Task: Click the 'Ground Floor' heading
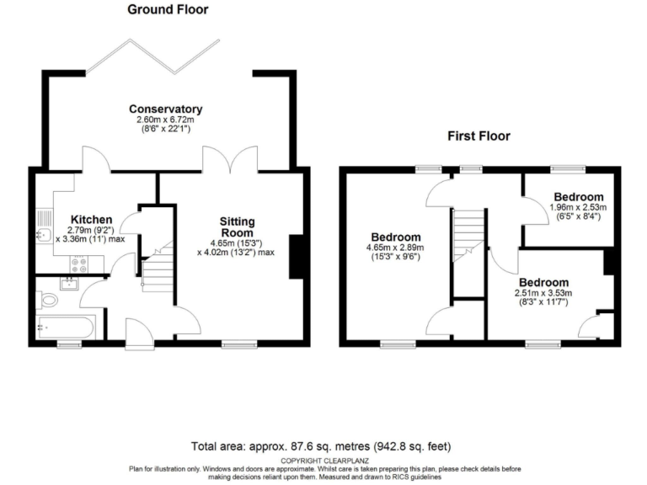[x=168, y=10]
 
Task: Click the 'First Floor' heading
[x=478, y=136]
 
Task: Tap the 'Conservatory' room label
[x=165, y=109]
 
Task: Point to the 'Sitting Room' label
[x=238, y=227]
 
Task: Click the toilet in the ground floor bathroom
[x=49, y=300]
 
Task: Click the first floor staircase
[x=469, y=236]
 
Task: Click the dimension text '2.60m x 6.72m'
[x=165, y=120]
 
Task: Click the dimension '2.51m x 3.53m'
[x=543, y=292]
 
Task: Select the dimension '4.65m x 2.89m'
[x=395, y=248]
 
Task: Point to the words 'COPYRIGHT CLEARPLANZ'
[x=323, y=460]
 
